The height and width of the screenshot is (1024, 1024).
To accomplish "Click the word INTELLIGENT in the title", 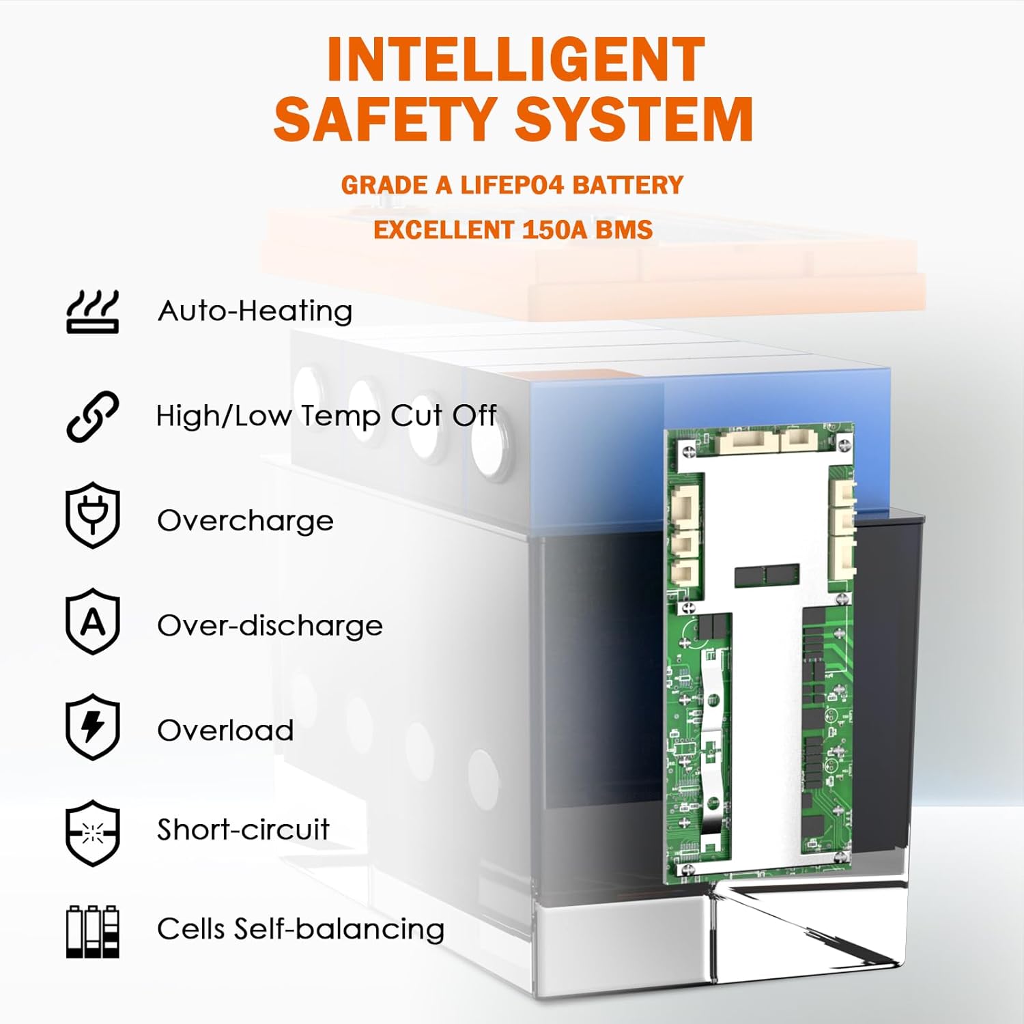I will pyautogui.click(x=515, y=59).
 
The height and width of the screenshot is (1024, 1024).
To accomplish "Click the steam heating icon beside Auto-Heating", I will pyautogui.click(x=93, y=311).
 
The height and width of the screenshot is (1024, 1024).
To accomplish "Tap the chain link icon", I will pyautogui.click(x=93, y=416).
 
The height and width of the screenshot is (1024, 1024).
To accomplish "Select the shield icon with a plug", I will pyautogui.click(x=93, y=515).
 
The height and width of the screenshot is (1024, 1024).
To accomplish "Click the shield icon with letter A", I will pyautogui.click(x=93, y=621).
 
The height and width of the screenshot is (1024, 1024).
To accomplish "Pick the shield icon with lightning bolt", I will pyautogui.click(x=93, y=727).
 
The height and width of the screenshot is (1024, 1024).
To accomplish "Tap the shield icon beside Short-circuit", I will pyautogui.click(x=93, y=833).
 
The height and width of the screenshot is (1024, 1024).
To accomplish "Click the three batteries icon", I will pyautogui.click(x=93, y=932).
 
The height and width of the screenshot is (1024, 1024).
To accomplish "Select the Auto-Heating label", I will pyautogui.click(x=255, y=311).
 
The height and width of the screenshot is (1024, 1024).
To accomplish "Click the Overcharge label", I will pyautogui.click(x=246, y=521).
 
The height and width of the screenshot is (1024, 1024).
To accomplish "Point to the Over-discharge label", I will pyautogui.click(x=270, y=625).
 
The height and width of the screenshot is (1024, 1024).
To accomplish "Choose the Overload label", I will pyautogui.click(x=225, y=730).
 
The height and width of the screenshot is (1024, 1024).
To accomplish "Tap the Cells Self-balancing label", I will pyautogui.click(x=300, y=929).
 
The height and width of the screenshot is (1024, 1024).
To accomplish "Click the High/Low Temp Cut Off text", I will pyautogui.click(x=326, y=416).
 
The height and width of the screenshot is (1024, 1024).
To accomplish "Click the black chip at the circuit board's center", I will pyautogui.click(x=767, y=575).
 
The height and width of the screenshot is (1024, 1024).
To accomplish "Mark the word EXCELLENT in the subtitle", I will pyautogui.click(x=444, y=229).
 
